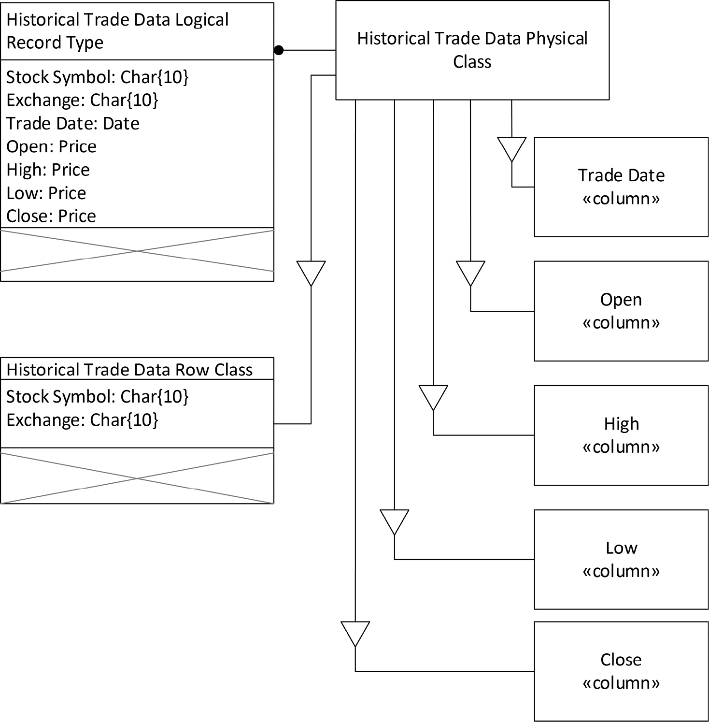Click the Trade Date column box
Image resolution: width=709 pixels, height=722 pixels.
tap(621, 187)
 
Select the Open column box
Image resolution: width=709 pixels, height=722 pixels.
tap(621, 311)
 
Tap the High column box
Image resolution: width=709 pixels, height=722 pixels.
tap(621, 435)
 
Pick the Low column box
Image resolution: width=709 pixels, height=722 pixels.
tap(621, 559)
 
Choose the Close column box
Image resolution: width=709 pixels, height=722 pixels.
tap(621, 671)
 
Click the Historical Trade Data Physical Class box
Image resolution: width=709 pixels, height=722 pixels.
tap(472, 50)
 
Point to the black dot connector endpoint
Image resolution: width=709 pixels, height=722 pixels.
tap(279, 50)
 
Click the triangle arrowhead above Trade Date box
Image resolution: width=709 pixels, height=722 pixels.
tap(511, 149)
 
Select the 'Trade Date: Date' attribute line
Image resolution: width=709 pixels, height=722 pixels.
tap(73, 124)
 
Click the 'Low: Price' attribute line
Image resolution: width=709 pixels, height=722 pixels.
tap(46, 193)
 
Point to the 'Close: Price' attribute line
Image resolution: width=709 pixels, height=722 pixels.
tap(51, 216)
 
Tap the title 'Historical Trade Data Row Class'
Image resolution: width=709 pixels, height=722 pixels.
tap(129, 370)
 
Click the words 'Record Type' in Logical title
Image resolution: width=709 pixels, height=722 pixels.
tap(55, 43)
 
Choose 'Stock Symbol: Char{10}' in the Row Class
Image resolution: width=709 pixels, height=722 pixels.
tap(97, 397)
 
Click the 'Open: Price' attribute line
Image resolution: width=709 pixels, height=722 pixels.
tap(52, 147)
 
